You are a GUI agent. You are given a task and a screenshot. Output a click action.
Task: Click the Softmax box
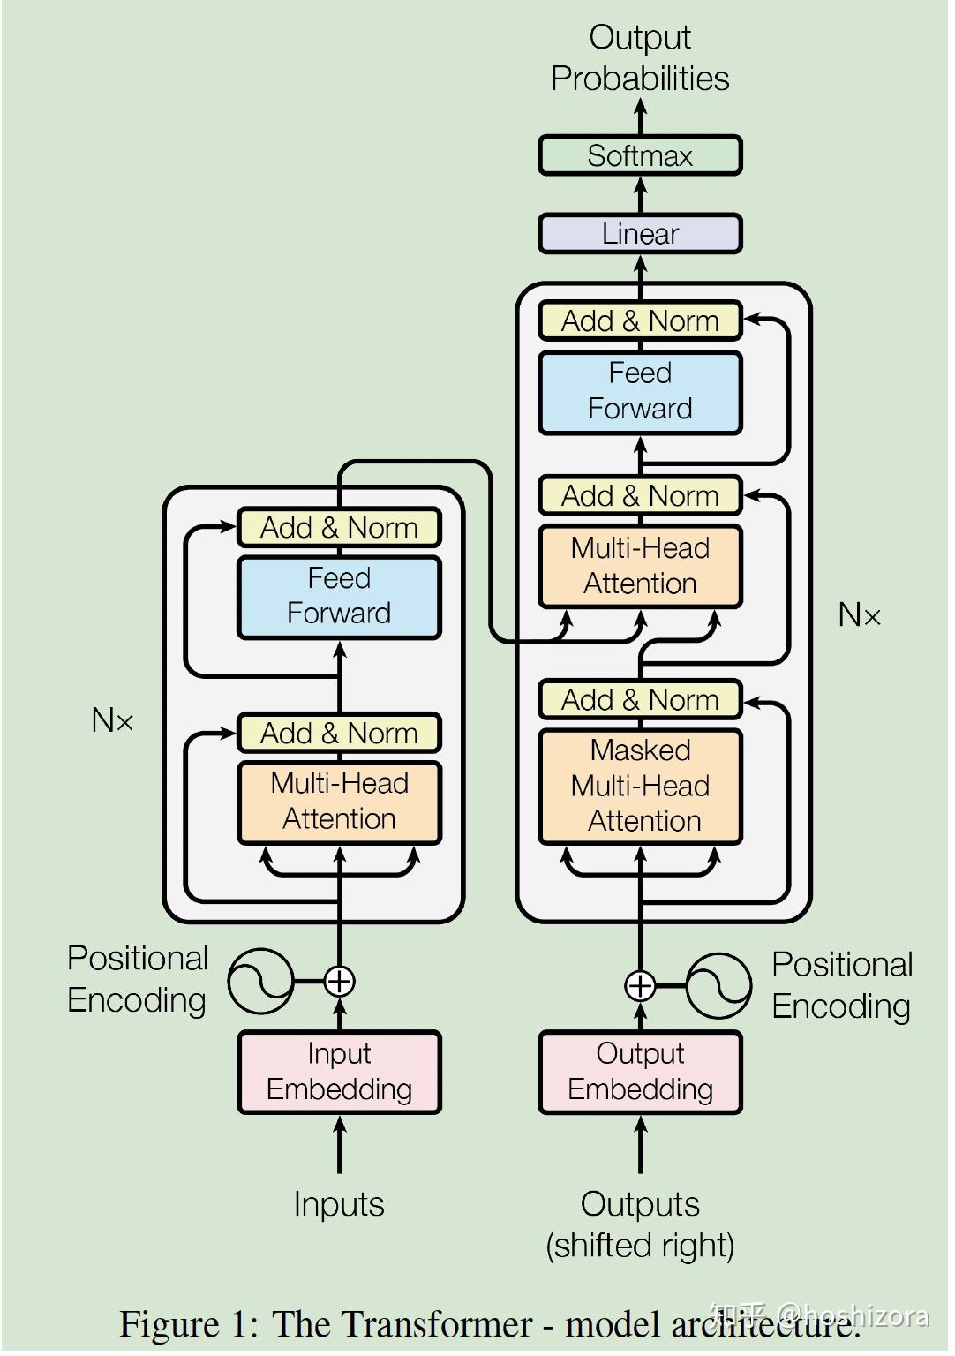640,155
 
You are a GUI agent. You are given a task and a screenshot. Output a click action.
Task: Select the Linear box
640,234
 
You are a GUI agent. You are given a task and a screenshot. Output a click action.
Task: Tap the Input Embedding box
339,1072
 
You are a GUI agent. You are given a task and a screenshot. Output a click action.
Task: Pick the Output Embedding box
640,1072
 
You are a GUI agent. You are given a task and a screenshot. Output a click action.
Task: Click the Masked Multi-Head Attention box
640,786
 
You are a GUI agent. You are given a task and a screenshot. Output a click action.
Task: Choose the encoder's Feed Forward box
339,596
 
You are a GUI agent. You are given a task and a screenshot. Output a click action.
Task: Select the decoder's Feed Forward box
640,391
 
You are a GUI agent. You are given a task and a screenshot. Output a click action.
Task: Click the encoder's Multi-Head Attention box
339,802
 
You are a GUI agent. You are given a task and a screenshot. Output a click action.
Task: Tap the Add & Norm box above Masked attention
640,700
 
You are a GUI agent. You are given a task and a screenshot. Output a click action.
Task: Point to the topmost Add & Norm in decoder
640,321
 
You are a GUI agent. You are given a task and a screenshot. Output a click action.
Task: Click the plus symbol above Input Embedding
340,981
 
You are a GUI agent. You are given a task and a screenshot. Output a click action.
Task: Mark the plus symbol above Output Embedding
640,985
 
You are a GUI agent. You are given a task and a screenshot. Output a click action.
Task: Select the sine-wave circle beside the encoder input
260,981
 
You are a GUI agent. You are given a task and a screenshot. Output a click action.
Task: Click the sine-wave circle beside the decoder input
718,985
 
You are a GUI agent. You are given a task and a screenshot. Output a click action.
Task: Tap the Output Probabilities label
640,58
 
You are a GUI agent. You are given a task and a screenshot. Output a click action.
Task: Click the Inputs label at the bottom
339,1204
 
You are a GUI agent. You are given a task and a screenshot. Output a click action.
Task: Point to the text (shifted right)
640,1246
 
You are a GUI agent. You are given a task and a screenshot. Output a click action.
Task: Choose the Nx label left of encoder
112,720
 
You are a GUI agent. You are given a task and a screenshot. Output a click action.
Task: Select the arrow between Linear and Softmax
641,194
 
